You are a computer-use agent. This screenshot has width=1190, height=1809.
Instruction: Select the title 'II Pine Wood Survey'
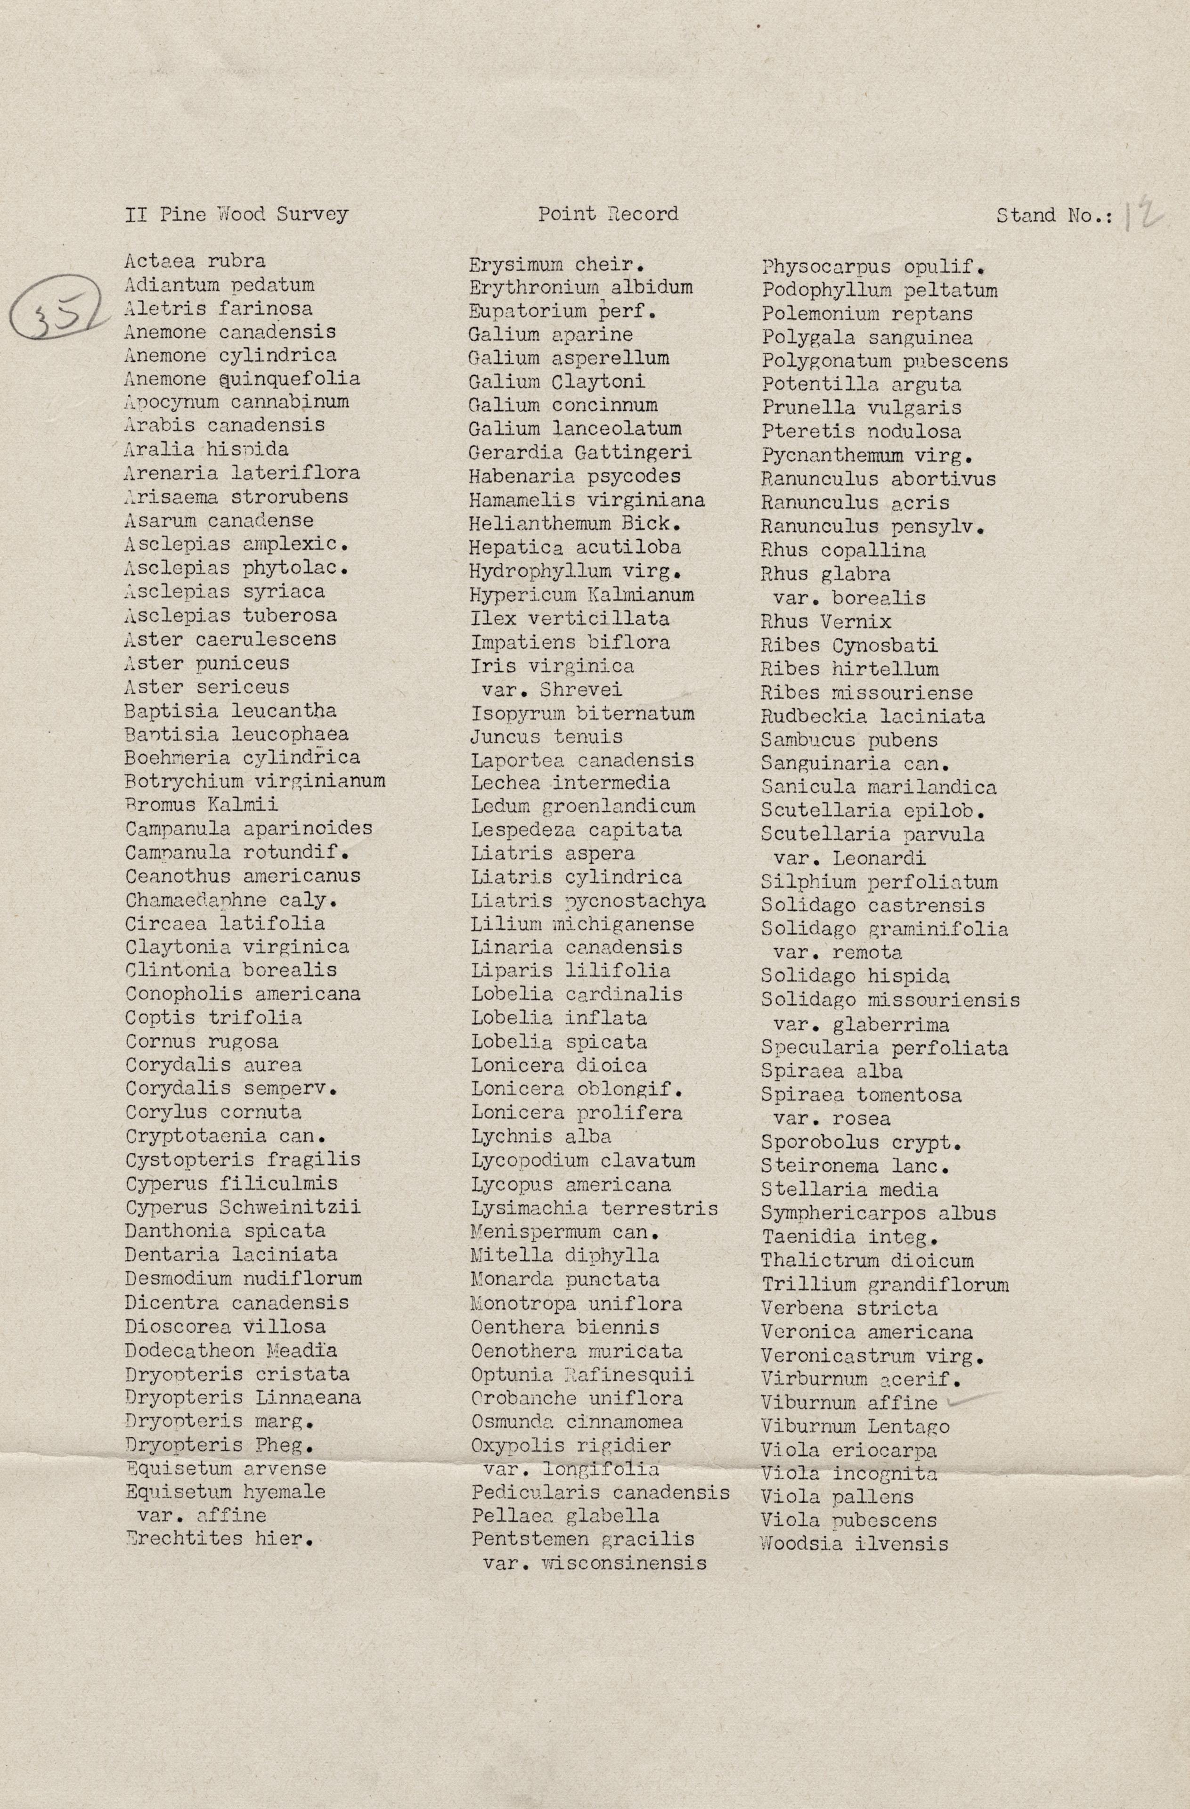236,214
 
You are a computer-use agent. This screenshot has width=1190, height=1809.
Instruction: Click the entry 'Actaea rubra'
196,261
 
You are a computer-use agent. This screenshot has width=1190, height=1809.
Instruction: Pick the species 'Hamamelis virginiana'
587,500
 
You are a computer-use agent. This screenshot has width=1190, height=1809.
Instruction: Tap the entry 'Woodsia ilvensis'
854,1544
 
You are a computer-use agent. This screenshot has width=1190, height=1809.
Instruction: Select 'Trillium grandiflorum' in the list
885,1285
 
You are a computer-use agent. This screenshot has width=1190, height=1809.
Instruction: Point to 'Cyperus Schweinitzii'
243,1207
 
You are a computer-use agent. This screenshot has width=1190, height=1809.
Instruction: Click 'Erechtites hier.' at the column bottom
220,1539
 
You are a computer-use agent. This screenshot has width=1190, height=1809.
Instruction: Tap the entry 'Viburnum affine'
849,1402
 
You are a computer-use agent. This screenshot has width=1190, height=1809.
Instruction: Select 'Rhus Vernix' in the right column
826,622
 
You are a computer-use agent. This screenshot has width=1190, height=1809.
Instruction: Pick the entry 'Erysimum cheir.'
557,265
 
